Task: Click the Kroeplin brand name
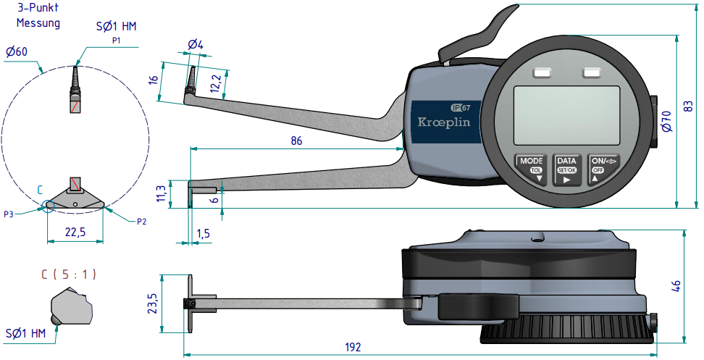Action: point(444,122)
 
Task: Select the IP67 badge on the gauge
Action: point(461,107)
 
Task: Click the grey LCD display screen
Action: point(567,115)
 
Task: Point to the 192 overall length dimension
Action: point(352,348)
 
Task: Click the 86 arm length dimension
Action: point(296,141)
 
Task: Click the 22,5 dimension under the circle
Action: point(75,232)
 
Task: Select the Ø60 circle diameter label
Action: point(15,52)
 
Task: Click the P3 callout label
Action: point(8,214)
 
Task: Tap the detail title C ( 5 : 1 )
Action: point(69,275)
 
